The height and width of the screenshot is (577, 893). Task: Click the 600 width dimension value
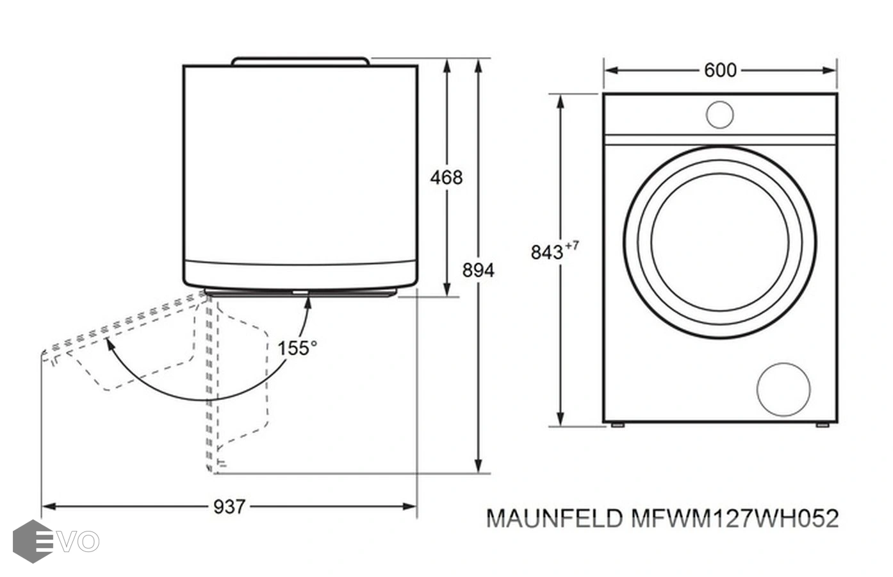click(720, 70)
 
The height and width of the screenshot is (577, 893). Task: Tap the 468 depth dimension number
click(446, 178)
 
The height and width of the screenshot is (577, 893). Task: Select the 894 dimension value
click(478, 271)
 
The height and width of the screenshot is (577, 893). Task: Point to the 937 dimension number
click(229, 506)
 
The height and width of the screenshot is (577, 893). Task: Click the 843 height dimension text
click(546, 252)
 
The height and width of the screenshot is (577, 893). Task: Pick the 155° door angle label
click(297, 348)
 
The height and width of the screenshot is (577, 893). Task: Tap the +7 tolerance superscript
click(572, 245)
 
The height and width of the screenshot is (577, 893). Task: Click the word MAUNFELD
click(554, 518)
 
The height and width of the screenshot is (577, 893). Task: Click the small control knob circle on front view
click(719, 114)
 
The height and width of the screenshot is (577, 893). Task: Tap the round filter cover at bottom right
click(783, 389)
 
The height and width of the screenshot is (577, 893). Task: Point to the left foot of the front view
click(618, 424)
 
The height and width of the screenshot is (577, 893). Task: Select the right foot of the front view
click(822, 424)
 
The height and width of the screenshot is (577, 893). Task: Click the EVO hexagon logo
click(32, 541)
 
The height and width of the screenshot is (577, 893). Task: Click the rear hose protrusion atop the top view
click(300, 61)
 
